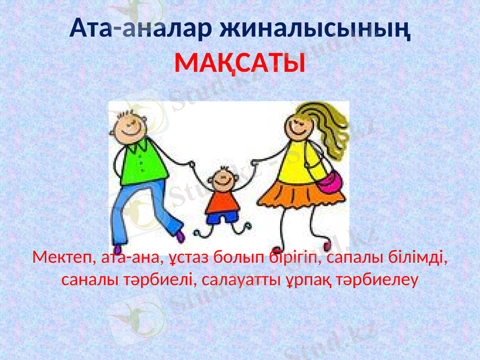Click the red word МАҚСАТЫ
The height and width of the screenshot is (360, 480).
point(239,62)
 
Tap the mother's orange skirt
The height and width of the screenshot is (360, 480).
point(305,195)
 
